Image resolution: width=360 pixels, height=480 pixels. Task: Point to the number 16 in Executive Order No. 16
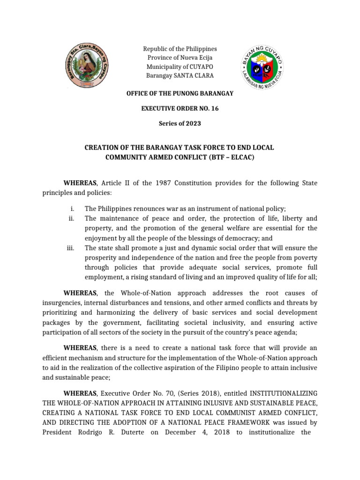click(x=214, y=108)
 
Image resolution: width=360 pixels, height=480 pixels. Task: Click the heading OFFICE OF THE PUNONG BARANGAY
click(x=180, y=94)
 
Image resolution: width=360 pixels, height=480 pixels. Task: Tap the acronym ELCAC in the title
click(x=241, y=157)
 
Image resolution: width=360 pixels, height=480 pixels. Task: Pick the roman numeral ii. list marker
click(x=72, y=218)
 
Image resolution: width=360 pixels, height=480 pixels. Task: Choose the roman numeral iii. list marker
click(x=71, y=247)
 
